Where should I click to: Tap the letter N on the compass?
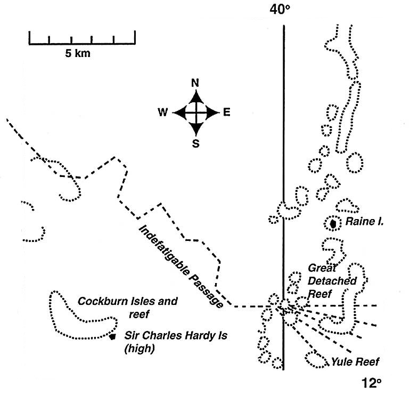[195, 83]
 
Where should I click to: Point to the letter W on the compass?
[163, 112]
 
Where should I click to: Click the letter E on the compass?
[226, 112]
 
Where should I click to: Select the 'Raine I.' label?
[364, 221]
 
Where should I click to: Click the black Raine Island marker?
[333, 224]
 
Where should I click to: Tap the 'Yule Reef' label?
[355, 362]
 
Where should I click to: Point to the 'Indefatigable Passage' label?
[181, 265]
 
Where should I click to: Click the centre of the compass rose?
[196, 112]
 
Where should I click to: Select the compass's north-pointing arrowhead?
[196, 96]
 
